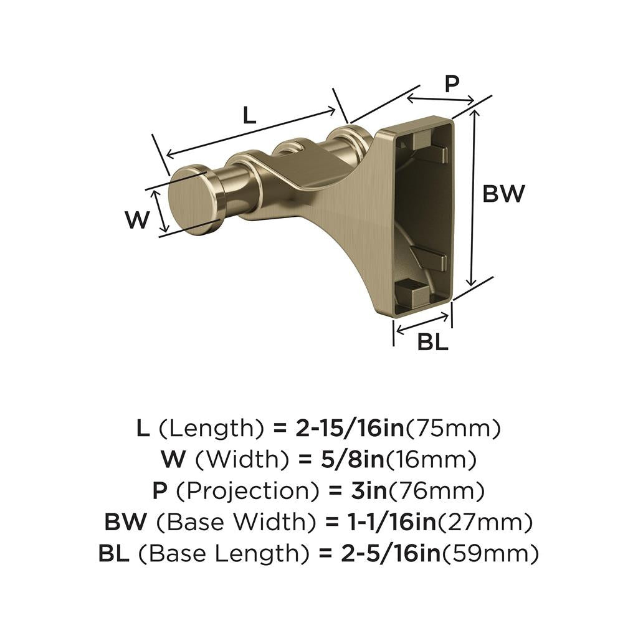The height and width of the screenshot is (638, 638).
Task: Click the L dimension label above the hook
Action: pos(249,115)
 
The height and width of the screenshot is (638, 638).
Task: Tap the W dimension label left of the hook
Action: pos(137,220)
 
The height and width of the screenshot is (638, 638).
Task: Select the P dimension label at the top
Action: pos(452,83)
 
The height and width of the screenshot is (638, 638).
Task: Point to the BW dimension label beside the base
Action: pos(505,194)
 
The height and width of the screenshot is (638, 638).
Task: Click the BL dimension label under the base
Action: pos(433,342)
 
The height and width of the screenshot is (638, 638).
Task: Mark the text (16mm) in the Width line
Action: pos(431,460)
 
